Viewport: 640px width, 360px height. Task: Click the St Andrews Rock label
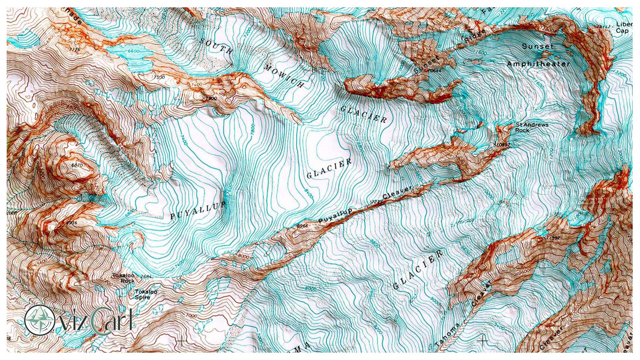(x=531, y=127)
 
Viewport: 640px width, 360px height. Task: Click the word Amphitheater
(x=538, y=64)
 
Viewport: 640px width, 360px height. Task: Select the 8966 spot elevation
(x=302, y=226)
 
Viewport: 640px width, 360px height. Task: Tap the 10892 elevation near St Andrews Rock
(x=502, y=145)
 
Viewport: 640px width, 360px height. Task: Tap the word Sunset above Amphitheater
(x=537, y=46)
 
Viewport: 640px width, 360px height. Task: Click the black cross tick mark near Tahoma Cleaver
(x=483, y=340)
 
